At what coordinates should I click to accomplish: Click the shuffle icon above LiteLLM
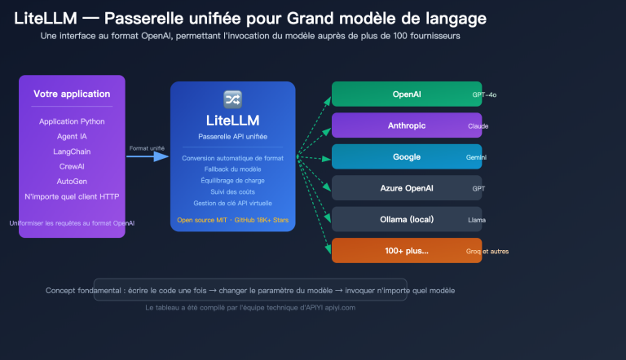click(x=232, y=98)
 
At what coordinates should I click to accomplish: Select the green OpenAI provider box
click(x=406, y=94)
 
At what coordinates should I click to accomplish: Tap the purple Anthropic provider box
click(x=406, y=125)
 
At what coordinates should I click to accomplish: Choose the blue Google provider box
click(x=406, y=156)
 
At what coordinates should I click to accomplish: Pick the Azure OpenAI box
click(x=406, y=188)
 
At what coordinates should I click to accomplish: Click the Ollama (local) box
click(x=406, y=219)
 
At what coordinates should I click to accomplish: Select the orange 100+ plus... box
click(x=406, y=250)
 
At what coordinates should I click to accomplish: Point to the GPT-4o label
click(x=484, y=95)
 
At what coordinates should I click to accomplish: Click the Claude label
click(x=478, y=126)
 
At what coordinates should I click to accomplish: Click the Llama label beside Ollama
click(x=477, y=220)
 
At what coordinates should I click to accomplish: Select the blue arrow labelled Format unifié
click(x=147, y=156)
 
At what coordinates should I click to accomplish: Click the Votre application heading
click(x=72, y=94)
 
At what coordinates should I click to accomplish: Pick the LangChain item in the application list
click(x=72, y=151)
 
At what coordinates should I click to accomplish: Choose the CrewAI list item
click(x=72, y=166)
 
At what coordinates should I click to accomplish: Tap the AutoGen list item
click(x=72, y=181)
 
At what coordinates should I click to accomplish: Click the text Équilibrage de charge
click(x=232, y=180)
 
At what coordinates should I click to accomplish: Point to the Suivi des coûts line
click(x=232, y=191)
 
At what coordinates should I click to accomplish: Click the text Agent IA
click(x=72, y=136)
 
